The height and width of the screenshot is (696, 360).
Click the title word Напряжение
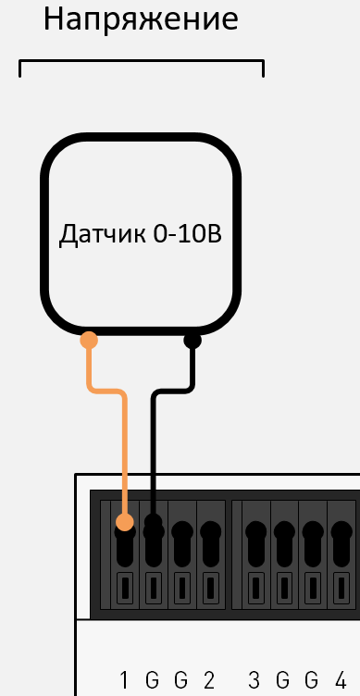(141, 20)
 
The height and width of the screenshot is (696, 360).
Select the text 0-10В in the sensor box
(189, 234)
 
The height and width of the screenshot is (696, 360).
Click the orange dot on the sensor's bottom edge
(89, 340)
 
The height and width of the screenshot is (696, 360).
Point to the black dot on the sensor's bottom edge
(192, 340)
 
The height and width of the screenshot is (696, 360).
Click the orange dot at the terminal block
(126, 524)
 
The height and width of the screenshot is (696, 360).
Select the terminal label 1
(124, 681)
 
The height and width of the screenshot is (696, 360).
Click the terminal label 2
(210, 681)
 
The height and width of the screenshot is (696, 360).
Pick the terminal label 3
(254, 681)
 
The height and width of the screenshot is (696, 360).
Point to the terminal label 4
(341, 681)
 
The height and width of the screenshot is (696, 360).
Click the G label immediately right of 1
(153, 681)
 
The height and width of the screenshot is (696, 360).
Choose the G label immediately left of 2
(181, 681)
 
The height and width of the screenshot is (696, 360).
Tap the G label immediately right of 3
(283, 681)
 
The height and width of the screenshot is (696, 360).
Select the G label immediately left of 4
(312, 681)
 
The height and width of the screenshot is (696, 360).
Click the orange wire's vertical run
(125, 454)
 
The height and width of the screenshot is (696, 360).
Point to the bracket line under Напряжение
(141, 63)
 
